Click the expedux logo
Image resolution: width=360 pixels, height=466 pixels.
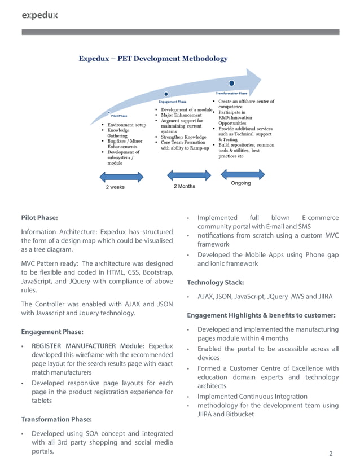pyautogui.click(x=39, y=15)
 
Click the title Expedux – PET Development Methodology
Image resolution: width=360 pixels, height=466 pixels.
pyautogui.click(x=153, y=58)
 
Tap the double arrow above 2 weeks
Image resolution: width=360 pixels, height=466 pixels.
pyautogui.click(x=121, y=177)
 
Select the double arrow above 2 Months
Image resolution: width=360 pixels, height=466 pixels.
pyautogui.click(x=184, y=176)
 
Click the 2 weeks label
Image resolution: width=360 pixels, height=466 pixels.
pyautogui.click(x=115, y=187)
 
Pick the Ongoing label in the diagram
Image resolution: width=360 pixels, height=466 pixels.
pyautogui.click(x=241, y=183)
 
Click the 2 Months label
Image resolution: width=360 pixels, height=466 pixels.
pyautogui.click(x=185, y=186)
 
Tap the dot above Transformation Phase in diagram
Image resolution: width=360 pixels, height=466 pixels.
pyautogui.click(x=232, y=83)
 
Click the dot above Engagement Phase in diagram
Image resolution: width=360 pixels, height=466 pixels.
pyautogui.click(x=165, y=94)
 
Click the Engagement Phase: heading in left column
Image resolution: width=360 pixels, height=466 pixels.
pyautogui.click(x=52, y=332)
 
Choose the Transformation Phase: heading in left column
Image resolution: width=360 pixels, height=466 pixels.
pyautogui.click(x=57, y=419)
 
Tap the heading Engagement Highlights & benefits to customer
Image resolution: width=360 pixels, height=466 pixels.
pyautogui.click(x=262, y=315)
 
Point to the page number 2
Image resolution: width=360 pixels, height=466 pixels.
pyautogui.click(x=331, y=454)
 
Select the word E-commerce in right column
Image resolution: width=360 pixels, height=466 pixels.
pyautogui.click(x=320, y=218)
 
